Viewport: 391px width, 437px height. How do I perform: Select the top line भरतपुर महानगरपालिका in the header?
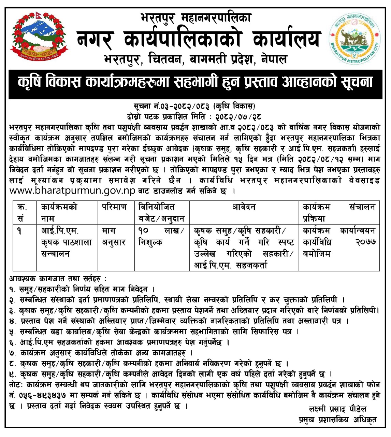tap(196, 17)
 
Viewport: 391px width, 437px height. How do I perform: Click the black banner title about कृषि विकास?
tap(195, 82)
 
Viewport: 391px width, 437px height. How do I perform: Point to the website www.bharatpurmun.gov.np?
tap(73, 191)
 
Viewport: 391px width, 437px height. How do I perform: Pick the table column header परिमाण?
tap(114, 207)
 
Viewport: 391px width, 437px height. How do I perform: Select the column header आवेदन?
tap(244, 207)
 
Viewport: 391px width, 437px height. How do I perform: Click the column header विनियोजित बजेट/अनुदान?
tap(161, 213)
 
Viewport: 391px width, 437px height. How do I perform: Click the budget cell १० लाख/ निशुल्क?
tap(161, 237)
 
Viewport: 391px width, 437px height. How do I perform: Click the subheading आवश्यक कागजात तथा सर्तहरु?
tap(58, 279)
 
